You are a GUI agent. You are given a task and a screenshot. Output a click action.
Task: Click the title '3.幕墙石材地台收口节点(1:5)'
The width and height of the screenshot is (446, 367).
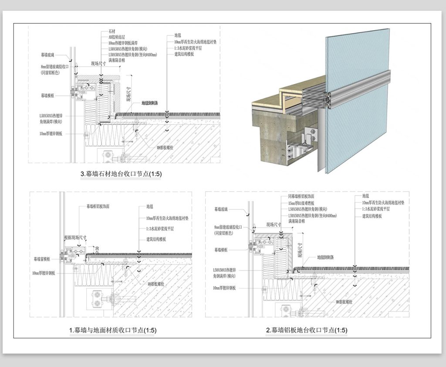pos(121,174)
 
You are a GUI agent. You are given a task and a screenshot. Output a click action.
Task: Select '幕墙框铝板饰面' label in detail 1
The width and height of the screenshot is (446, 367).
pos(101,206)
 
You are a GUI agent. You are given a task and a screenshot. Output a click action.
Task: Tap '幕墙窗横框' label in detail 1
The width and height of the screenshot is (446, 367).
pos(43,259)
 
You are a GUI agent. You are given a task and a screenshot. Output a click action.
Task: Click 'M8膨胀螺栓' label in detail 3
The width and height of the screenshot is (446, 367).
pos(165,148)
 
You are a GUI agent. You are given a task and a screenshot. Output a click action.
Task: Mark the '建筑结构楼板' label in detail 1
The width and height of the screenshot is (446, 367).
pos(160,239)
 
